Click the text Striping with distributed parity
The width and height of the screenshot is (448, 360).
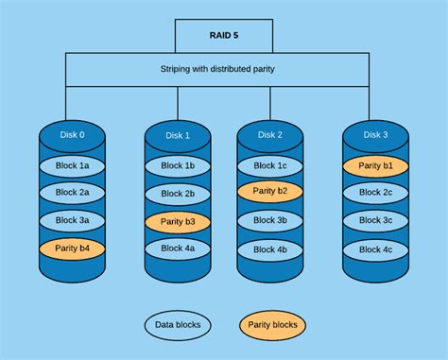pos(223,69)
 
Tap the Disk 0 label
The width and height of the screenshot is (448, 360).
pos(73,134)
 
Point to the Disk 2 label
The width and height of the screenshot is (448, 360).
pos(269,135)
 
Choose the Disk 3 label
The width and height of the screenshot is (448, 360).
pos(375,135)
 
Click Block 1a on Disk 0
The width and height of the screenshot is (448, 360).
pos(73,164)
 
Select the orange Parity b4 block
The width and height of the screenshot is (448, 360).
pos(73,249)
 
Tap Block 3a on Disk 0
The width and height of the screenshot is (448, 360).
pos(73,220)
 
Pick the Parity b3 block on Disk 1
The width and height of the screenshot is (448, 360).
pos(178,222)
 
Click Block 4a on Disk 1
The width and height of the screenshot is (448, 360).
pos(178,249)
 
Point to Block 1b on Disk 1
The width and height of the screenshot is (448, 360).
pos(178,166)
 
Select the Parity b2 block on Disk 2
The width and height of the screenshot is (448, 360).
pos(269,192)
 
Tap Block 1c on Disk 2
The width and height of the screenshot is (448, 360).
pos(269,165)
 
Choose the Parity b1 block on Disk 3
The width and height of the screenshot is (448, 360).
pos(375,165)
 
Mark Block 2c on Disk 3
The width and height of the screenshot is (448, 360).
pos(375,193)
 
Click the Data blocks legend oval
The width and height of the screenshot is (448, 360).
pos(178,326)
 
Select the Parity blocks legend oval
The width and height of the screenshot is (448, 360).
pos(272,326)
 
